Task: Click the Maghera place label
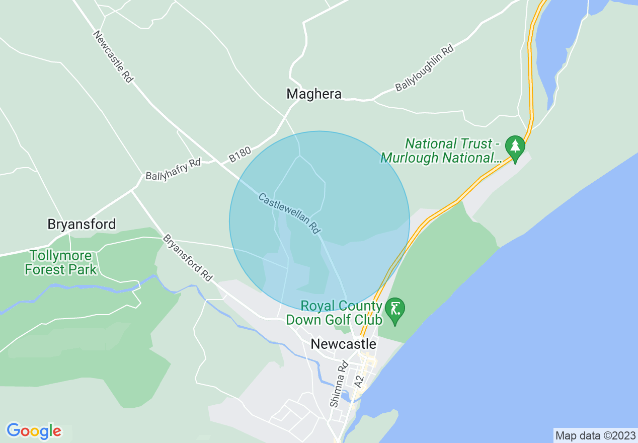pos(313,94)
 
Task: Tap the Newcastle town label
pos(343,344)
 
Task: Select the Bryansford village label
pos(82,224)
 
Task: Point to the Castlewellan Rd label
pos(289,213)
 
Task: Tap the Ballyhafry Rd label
pos(173,169)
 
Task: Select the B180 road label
pos(240,155)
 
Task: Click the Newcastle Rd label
pos(114,56)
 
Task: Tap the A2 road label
pos(359,381)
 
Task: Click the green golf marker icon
pos(395,308)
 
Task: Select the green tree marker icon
pos(515,146)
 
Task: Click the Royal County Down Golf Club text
pos(341,313)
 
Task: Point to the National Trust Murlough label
pos(441,151)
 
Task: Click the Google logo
pos(34,431)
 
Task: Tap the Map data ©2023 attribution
pos(595,435)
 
